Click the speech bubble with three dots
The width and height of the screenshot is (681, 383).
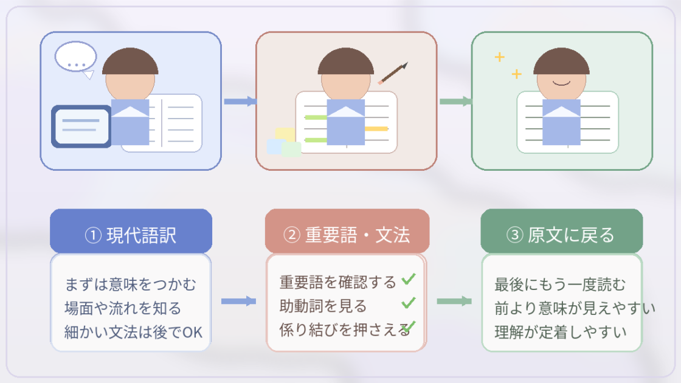point(76,57)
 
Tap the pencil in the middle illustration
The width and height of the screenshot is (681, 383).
point(393,73)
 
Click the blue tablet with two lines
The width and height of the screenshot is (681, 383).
point(81,126)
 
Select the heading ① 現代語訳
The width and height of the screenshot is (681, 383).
point(131,234)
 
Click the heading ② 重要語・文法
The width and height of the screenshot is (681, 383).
point(347,234)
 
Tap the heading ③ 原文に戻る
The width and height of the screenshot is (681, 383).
point(561,234)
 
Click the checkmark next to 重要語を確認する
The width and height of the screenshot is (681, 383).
point(409,280)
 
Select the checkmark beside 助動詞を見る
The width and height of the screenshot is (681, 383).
point(409,302)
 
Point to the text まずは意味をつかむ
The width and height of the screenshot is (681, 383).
point(131,284)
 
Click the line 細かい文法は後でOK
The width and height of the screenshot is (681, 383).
point(133,332)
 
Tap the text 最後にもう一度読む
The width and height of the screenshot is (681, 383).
point(560,284)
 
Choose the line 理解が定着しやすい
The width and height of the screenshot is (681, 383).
point(560,332)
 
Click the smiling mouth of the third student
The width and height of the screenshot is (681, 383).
point(562,81)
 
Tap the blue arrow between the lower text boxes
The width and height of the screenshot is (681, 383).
point(238,301)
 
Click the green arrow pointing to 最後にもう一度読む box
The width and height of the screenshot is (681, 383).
point(454,301)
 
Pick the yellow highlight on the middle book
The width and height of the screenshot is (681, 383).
point(376,128)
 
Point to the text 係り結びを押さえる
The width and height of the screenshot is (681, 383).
point(344,330)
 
